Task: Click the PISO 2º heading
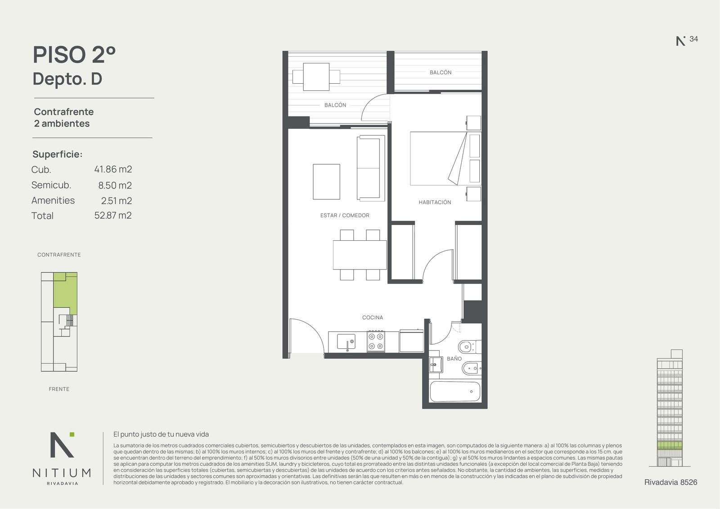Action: point(74,54)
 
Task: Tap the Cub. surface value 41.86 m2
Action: point(113,169)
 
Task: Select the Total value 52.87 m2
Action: point(113,215)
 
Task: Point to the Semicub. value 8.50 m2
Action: point(115,185)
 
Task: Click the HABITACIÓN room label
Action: point(435,202)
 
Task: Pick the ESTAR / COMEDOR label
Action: point(345,216)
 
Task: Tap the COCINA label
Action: point(373,318)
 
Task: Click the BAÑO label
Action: point(454,359)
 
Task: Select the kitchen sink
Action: point(346,342)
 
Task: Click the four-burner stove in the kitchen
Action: point(376,341)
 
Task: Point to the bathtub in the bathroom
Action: point(455,392)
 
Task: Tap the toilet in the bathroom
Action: point(470,347)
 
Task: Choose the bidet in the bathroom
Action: point(472,368)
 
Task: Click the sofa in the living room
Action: point(371,168)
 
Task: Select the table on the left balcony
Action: point(316,77)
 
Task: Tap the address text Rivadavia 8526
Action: point(671,482)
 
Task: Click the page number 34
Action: point(693,39)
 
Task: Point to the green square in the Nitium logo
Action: point(72,434)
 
